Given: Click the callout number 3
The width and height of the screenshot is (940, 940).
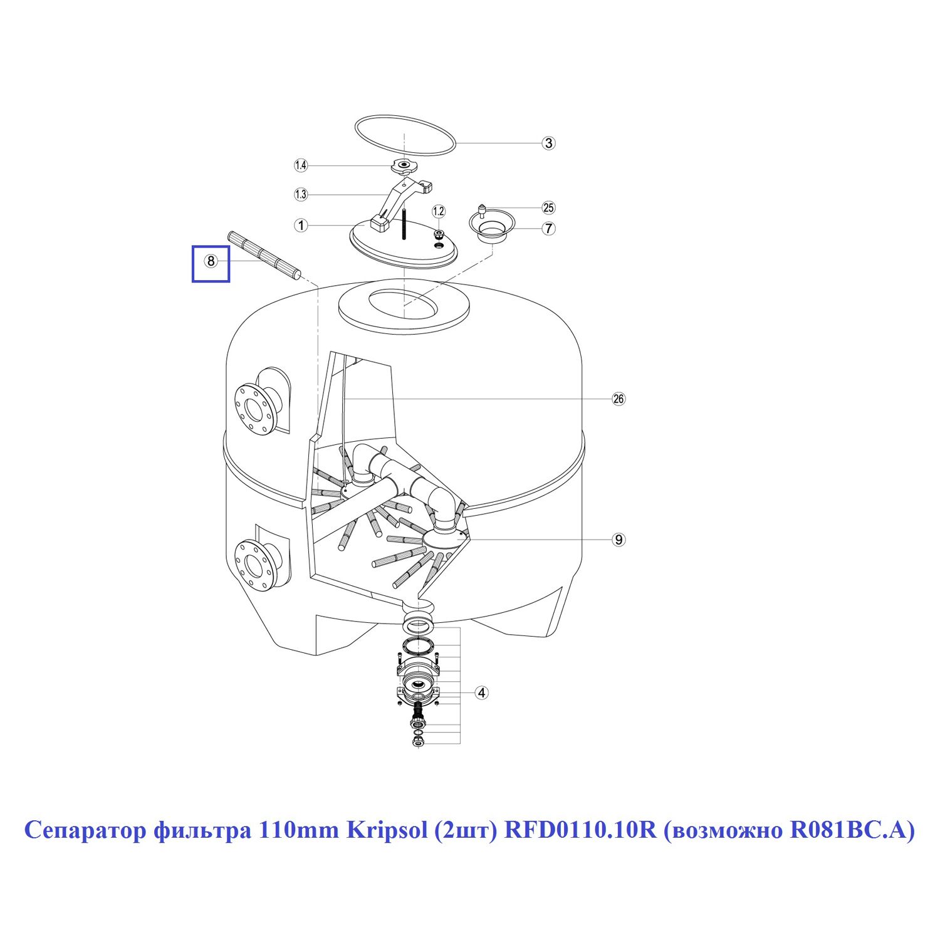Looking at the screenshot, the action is [549, 143].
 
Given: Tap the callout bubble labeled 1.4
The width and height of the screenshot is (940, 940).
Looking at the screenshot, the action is [301, 165].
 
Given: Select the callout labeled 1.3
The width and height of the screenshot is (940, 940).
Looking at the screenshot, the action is [301, 194].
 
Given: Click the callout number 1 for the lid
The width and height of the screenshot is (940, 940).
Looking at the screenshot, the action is [301, 225].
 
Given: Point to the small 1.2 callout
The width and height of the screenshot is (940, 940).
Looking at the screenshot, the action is [439, 211].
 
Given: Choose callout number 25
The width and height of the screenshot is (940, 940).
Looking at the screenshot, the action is [549, 208].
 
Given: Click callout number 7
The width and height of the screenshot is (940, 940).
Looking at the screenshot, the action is [549, 228].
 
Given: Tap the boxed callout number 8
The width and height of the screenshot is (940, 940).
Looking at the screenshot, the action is [211, 261].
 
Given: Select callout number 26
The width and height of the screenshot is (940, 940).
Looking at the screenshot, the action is [619, 399].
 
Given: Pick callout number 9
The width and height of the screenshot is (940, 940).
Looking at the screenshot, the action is [619, 540].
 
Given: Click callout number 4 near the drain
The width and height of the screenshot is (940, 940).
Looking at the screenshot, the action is [481, 692].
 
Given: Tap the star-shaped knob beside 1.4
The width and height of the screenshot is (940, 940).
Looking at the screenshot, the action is [404, 166].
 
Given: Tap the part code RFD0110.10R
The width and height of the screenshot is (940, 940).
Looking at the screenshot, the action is [580, 830].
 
